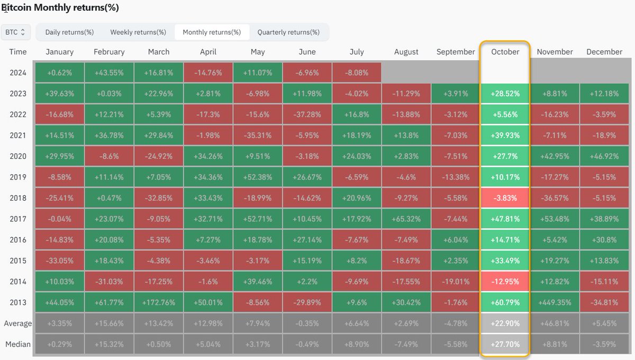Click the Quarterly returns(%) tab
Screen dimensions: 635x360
click(x=288, y=32)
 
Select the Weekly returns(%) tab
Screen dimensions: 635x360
click(x=138, y=32)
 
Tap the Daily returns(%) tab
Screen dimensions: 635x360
click(x=69, y=32)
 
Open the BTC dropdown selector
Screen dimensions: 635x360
click(x=15, y=32)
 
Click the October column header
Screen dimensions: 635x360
click(x=505, y=52)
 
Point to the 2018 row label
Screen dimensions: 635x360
click(x=18, y=198)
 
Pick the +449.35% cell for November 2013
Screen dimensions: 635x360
click(x=555, y=302)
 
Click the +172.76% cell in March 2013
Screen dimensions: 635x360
click(x=158, y=302)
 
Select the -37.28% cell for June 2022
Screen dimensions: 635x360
click(x=307, y=114)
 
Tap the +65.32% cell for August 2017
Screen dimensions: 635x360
click(x=406, y=219)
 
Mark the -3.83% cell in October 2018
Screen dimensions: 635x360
click(x=505, y=198)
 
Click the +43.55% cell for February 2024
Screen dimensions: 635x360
click(x=109, y=73)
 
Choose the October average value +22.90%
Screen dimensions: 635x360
click(x=505, y=323)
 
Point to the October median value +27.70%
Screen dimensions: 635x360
click(x=505, y=344)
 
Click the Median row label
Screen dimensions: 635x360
click(x=18, y=344)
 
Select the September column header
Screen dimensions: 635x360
click(x=456, y=52)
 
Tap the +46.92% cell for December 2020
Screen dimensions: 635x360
click(x=604, y=156)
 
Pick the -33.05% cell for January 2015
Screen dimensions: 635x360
click(x=59, y=260)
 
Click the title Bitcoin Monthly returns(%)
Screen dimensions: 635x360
click(x=60, y=7)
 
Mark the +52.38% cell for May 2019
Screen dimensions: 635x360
click(x=257, y=177)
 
